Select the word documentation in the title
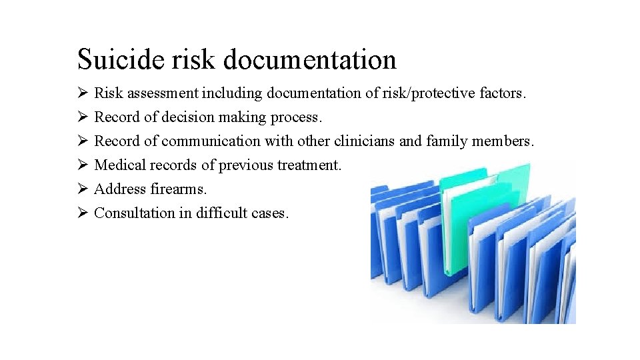click(x=310, y=59)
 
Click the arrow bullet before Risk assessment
click(x=83, y=93)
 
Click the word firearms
click(x=179, y=189)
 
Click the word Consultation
click(x=134, y=213)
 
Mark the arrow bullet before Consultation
click(x=83, y=213)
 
